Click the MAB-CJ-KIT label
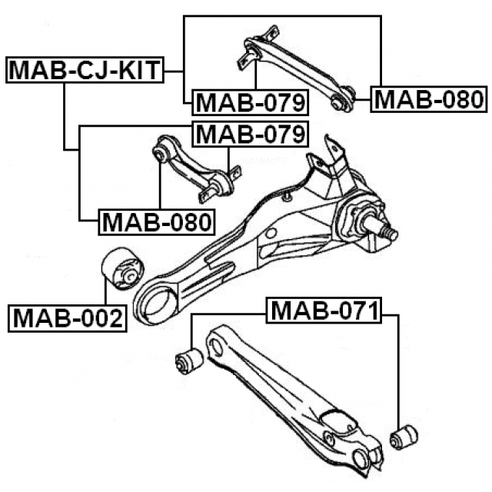coord(85,70)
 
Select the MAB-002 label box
coord(68,318)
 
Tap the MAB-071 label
coord(324,310)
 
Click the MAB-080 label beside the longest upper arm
coord(429,99)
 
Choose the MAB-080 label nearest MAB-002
coord(157,222)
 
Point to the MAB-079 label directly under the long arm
coord(250,102)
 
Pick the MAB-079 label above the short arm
coord(250,134)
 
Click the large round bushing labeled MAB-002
coord(123,269)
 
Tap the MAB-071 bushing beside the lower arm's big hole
coord(189,361)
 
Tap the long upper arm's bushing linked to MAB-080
coord(342,99)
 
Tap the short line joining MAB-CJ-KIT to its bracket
coord(174,71)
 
